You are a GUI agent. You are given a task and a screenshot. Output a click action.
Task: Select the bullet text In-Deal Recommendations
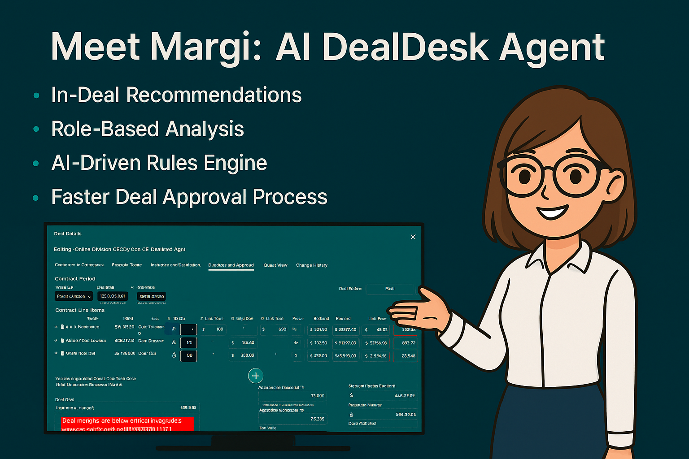[x=176, y=95]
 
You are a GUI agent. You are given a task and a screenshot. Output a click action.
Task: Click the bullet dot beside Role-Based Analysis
[x=36, y=130]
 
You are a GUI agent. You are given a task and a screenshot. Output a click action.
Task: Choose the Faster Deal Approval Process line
[x=189, y=197]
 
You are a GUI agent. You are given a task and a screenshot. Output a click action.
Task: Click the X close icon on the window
[x=413, y=237]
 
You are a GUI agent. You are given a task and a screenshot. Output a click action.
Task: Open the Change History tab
[x=312, y=265]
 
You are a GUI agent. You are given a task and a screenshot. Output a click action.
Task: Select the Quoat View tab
[x=275, y=265]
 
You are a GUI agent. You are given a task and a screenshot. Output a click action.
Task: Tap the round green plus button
[x=256, y=376]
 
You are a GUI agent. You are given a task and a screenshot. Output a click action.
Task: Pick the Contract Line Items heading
[x=80, y=310]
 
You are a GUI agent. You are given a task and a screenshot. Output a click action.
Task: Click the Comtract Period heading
[x=75, y=279]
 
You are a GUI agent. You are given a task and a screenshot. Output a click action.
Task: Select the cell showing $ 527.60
[x=318, y=329]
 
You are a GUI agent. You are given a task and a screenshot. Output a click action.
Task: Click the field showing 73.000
[x=292, y=396]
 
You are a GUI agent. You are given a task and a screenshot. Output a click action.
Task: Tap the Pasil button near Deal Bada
[x=390, y=289]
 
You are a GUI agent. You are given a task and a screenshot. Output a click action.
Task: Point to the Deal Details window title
[x=68, y=234]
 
